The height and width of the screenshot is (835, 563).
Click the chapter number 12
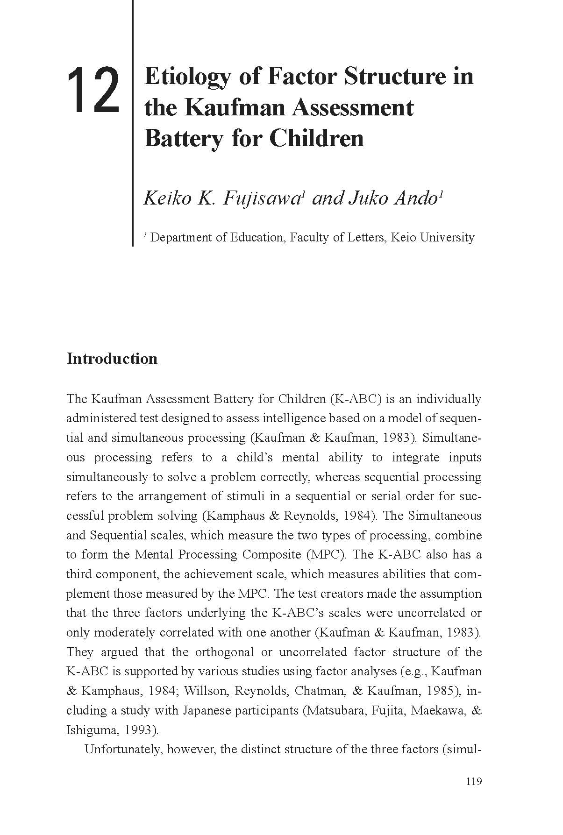point(93,91)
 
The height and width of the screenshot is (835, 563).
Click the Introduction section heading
point(112,359)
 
